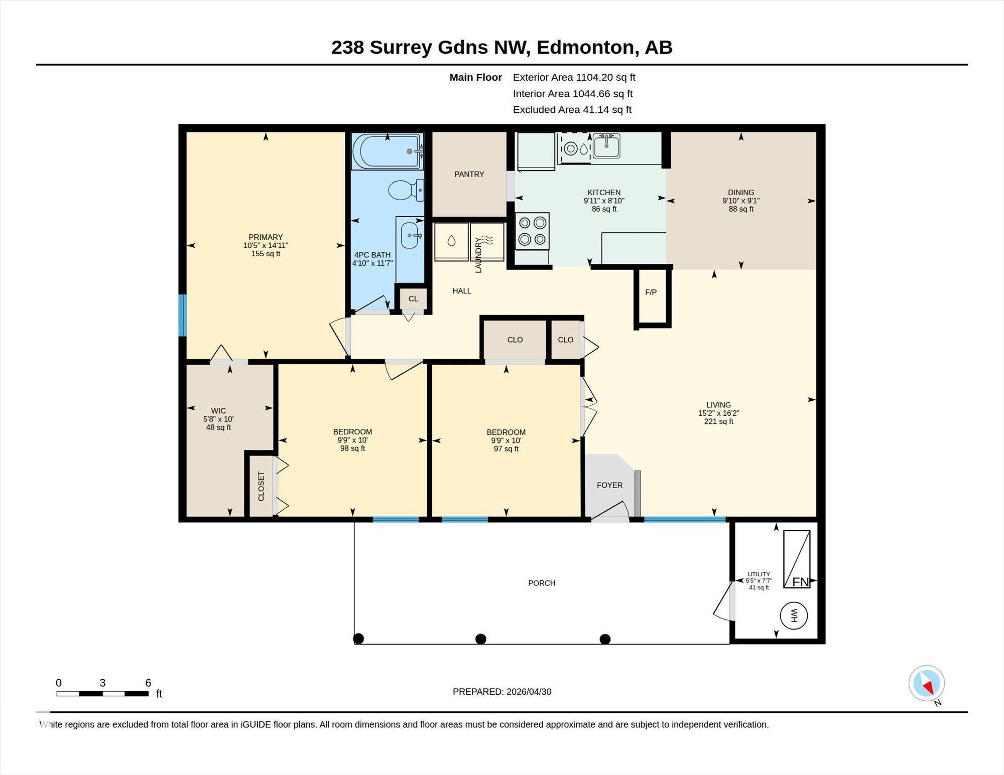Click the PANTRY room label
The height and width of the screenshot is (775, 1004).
click(x=469, y=174)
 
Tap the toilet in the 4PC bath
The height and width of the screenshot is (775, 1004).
click(x=406, y=190)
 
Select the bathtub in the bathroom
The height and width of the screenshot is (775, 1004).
click(x=387, y=151)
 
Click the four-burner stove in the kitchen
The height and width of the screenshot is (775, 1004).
click(x=532, y=231)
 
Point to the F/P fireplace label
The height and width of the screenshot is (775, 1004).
click(x=651, y=292)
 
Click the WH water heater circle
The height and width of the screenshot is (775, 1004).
click(x=794, y=615)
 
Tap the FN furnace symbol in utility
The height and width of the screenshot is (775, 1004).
click(x=797, y=559)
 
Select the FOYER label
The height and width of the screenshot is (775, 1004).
click(x=609, y=485)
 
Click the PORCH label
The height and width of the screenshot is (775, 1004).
click(x=542, y=583)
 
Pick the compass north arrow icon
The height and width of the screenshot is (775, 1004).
click(x=927, y=683)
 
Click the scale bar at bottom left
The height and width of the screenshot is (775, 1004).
click(x=102, y=694)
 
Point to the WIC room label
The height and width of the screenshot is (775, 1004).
click(x=218, y=411)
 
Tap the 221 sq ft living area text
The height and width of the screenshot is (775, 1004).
click(x=718, y=422)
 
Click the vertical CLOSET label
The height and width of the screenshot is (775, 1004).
click(x=261, y=486)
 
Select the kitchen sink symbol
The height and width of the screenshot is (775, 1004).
click(x=606, y=145)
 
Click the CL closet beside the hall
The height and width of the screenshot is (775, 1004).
click(x=413, y=299)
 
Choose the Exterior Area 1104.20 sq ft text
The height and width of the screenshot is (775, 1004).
click(x=574, y=77)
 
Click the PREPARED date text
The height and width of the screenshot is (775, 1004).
click(x=502, y=692)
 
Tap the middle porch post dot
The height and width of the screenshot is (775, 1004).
click(x=481, y=639)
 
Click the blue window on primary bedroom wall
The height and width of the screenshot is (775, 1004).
click(x=183, y=316)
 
